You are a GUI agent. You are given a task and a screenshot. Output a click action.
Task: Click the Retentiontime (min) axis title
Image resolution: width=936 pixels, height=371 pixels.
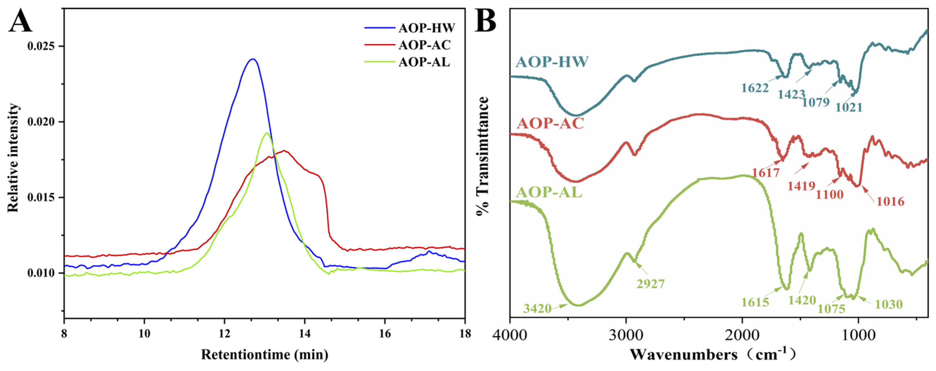265,354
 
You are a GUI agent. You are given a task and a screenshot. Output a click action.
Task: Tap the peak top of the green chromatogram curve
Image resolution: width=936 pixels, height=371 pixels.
267,133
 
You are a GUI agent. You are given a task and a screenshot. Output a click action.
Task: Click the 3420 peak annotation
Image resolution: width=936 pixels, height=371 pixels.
537,309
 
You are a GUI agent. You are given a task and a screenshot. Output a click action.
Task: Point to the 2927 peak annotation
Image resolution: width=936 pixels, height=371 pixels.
650,284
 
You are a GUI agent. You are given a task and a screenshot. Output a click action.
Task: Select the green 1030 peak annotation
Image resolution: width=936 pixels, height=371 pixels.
889,304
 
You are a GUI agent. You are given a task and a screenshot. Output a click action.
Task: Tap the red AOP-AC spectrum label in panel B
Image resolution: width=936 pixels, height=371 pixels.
550,124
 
